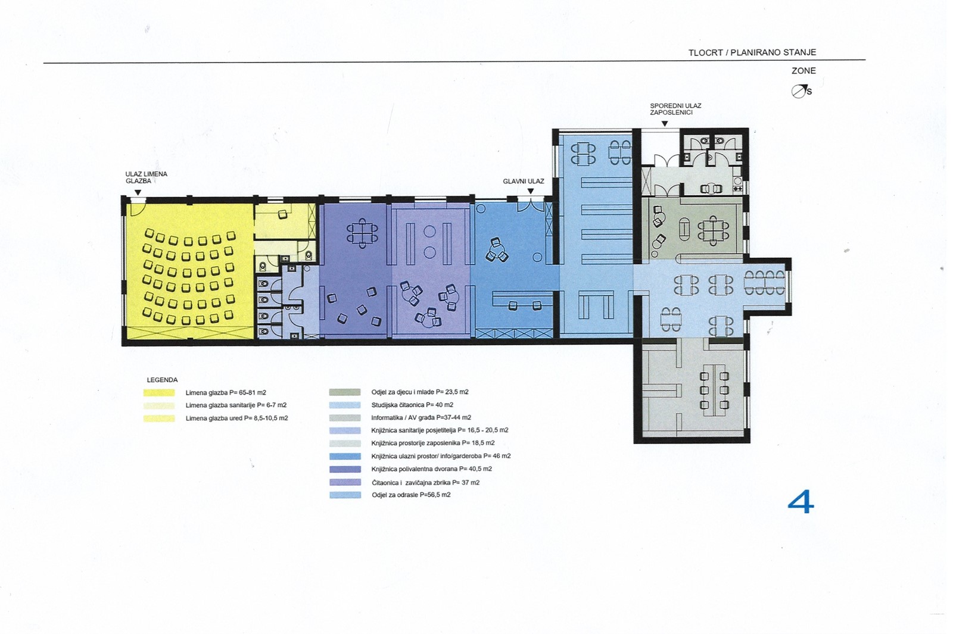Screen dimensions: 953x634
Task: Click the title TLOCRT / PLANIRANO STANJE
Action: [x=752, y=52]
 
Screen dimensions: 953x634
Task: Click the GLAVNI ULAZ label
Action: [x=524, y=181]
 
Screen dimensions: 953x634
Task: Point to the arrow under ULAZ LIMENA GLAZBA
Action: [x=138, y=193]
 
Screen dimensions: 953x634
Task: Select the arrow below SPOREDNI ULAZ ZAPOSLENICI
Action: [x=665, y=124]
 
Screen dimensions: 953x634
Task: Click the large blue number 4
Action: [x=801, y=502]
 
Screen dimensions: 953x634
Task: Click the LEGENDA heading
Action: [x=162, y=380]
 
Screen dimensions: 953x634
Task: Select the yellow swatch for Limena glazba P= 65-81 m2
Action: [x=159, y=392]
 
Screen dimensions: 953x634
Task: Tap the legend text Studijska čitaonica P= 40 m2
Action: [x=412, y=405]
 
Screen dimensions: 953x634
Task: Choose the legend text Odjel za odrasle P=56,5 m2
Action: [x=411, y=495]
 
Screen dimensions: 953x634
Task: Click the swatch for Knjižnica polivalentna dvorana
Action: [x=345, y=470]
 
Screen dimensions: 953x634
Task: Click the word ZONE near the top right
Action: [x=803, y=71]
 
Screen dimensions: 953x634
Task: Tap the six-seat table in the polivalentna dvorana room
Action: [x=362, y=233]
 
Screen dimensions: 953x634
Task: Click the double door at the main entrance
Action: [x=531, y=206]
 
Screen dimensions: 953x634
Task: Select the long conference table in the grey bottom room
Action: [x=714, y=390]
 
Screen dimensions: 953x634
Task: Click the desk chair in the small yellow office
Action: [x=282, y=214]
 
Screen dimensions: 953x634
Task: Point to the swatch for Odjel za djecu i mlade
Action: [x=345, y=392]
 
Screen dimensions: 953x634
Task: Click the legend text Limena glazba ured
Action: [x=236, y=418]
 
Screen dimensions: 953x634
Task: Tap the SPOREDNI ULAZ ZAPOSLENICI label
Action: [x=675, y=109]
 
